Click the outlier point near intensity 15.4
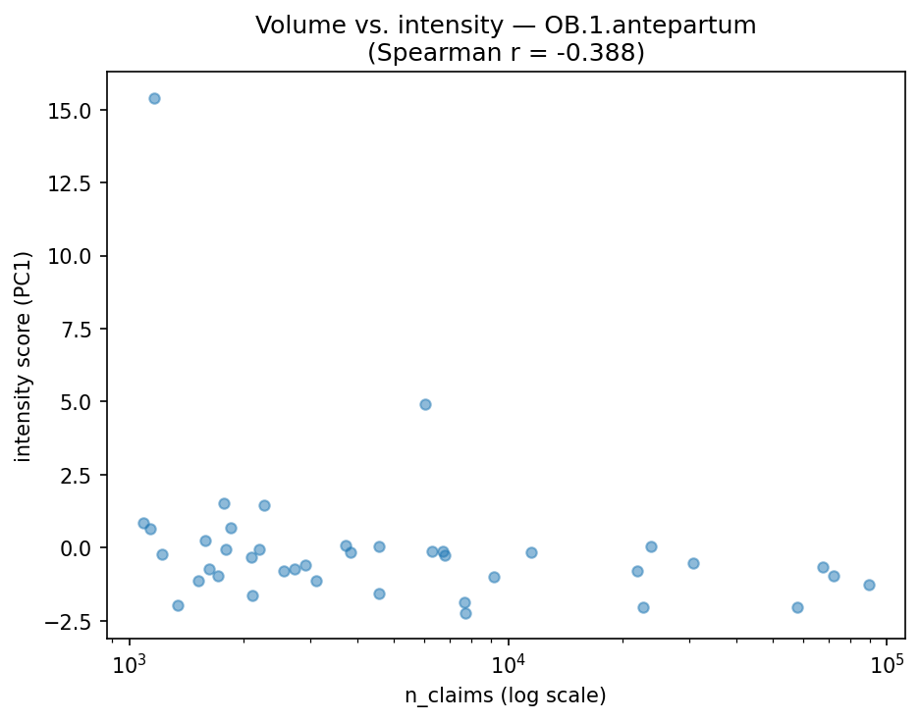(x=154, y=98)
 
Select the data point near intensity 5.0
(x=425, y=404)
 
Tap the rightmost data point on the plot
(x=869, y=585)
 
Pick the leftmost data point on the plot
(x=143, y=523)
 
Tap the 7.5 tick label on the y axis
(x=79, y=330)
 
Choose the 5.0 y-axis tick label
(x=79, y=402)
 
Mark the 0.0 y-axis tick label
(x=79, y=548)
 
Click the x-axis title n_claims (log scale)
(x=506, y=695)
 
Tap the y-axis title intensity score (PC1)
(x=24, y=356)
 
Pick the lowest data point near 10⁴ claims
(x=465, y=613)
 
